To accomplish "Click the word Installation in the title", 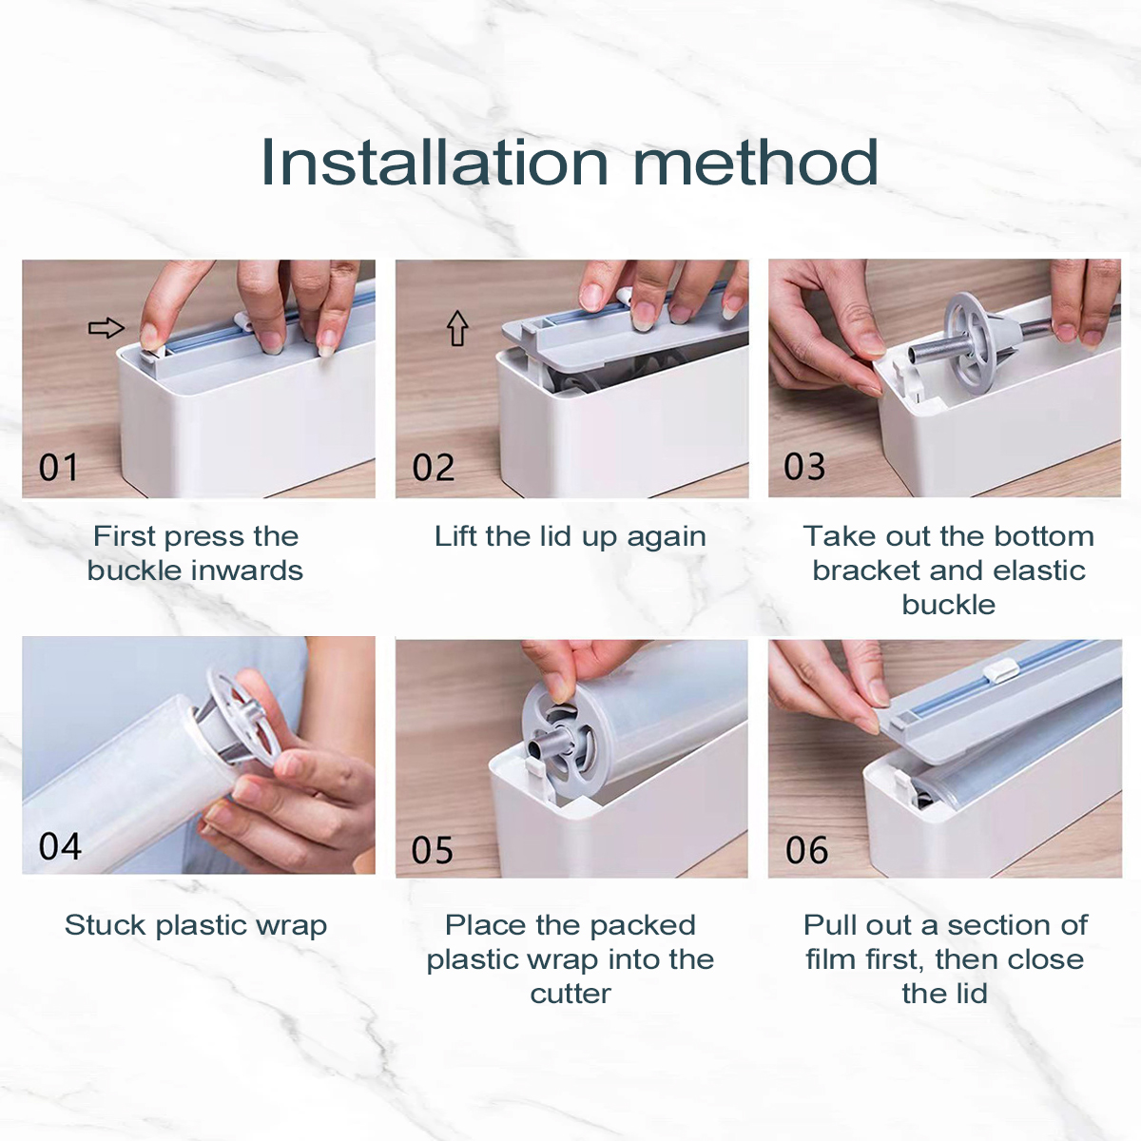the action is pos(435,163).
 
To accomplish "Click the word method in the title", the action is pos(756,163).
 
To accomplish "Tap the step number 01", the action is pos(59,468).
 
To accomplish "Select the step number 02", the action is pos(434,468).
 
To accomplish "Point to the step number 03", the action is pos(804,467).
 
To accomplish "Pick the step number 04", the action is pos(60,846).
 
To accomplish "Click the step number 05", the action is pos(433,850).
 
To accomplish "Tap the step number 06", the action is pos(806,850).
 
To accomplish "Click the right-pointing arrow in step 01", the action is pos(106,327).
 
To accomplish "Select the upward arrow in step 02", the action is pos(457,328).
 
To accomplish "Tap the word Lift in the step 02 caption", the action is pos(456,536).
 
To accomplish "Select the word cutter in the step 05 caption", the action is pos(570,994).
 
